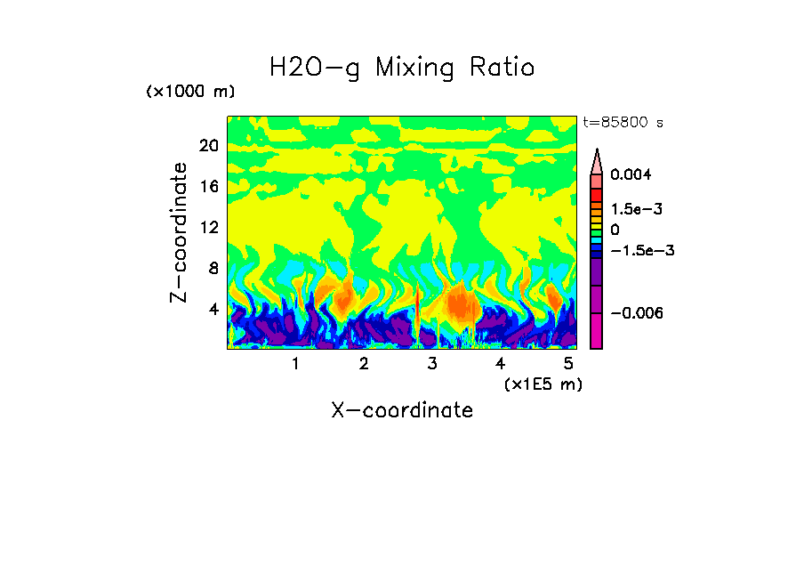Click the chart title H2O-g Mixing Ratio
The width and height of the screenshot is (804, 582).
tap(402, 68)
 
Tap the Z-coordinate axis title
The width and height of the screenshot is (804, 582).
tap(180, 232)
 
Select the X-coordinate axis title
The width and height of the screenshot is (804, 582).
tap(402, 410)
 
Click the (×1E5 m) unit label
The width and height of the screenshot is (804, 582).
tap(543, 384)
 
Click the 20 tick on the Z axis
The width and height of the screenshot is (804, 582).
tap(208, 146)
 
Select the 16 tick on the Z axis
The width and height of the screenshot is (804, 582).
tap(208, 187)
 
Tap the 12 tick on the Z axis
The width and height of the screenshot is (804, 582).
tap(208, 228)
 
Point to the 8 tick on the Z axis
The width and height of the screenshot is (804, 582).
tap(213, 269)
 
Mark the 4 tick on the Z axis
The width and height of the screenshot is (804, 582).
tap(213, 310)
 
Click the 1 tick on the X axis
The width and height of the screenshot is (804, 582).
tap(295, 364)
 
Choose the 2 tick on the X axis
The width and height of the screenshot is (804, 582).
tap(364, 364)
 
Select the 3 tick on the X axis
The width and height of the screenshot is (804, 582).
tap(432, 364)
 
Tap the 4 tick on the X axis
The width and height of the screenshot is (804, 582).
tap(501, 364)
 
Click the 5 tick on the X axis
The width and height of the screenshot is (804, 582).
tap(568, 364)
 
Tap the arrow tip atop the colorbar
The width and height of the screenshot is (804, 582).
tap(597, 152)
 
